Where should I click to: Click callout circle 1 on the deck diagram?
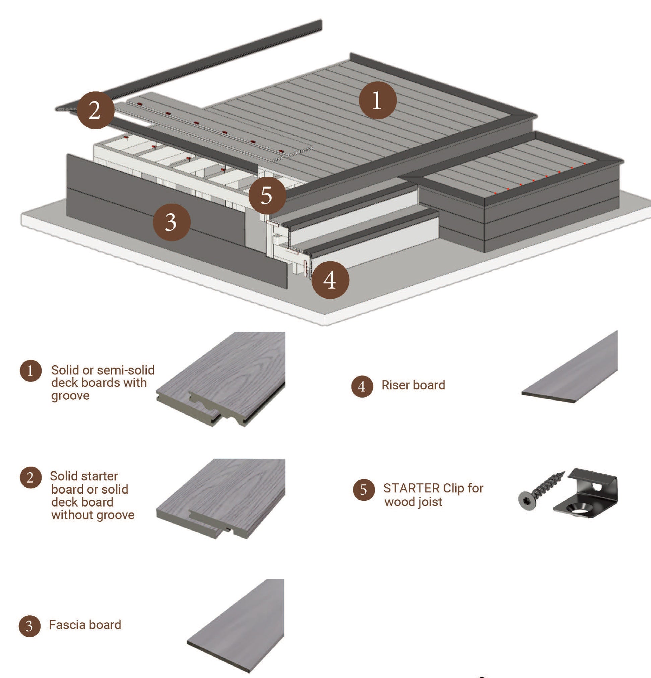click(x=377, y=100)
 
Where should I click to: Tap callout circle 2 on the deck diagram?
click(x=95, y=110)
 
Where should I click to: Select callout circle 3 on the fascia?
click(x=172, y=222)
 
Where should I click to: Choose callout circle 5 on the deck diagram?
click(x=267, y=195)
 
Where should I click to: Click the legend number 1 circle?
click(x=30, y=371)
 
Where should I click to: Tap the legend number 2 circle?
click(x=30, y=477)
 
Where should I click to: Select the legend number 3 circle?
click(x=29, y=625)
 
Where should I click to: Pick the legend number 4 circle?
click(x=362, y=386)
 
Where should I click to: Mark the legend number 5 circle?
click(x=364, y=489)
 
